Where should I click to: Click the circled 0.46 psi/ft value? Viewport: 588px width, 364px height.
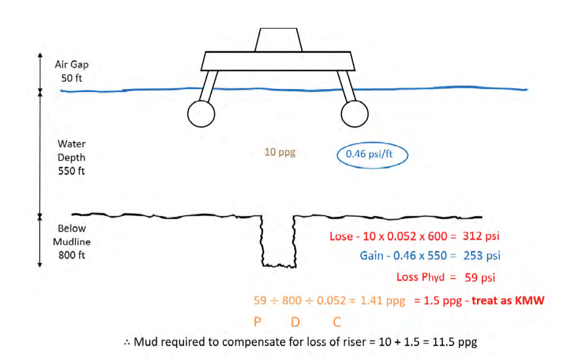(x=372, y=154)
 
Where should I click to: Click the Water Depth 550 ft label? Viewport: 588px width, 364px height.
(x=71, y=158)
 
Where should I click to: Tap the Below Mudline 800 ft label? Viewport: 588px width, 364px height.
(x=71, y=243)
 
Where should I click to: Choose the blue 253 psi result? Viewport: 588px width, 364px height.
(x=481, y=256)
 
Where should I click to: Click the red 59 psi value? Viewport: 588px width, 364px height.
(x=479, y=277)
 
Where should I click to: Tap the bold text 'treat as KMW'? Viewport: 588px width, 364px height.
(x=508, y=300)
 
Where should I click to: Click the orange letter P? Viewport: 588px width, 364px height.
(x=257, y=322)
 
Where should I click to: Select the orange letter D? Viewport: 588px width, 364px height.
(x=295, y=322)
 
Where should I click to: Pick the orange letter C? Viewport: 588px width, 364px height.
(x=337, y=322)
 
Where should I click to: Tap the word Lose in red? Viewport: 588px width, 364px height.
(x=341, y=236)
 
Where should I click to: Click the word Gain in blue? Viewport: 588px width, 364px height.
(x=371, y=256)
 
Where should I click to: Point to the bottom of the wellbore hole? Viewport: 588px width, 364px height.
(x=279, y=265)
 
